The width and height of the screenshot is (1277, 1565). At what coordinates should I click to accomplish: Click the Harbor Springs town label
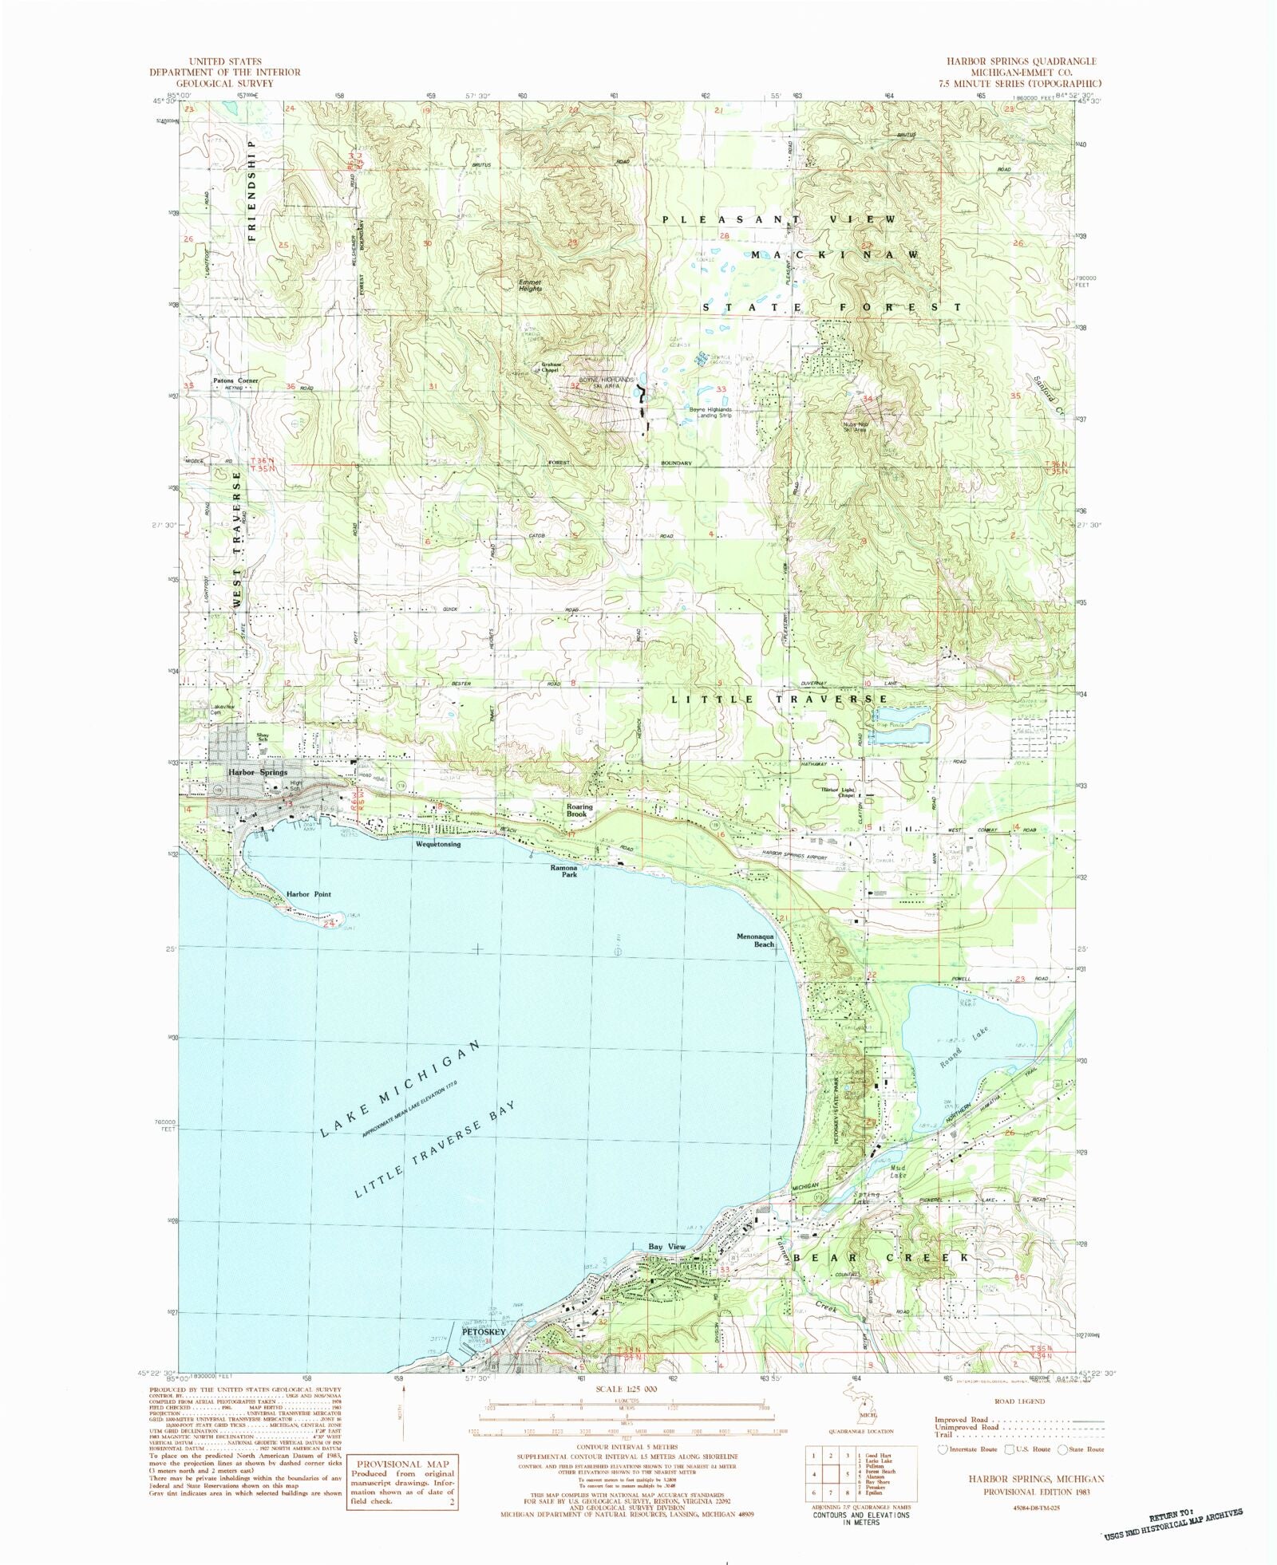click(x=257, y=773)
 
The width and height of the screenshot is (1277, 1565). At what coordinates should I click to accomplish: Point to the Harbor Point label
click(x=308, y=894)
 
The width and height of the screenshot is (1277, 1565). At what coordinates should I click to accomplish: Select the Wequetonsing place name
click(x=437, y=844)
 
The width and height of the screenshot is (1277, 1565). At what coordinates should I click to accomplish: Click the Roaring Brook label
click(x=579, y=810)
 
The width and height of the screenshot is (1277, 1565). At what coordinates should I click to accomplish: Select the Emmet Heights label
click(x=530, y=285)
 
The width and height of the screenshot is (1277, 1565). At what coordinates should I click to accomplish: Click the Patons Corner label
click(x=235, y=381)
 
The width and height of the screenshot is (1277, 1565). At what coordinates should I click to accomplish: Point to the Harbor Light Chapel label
click(x=835, y=793)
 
